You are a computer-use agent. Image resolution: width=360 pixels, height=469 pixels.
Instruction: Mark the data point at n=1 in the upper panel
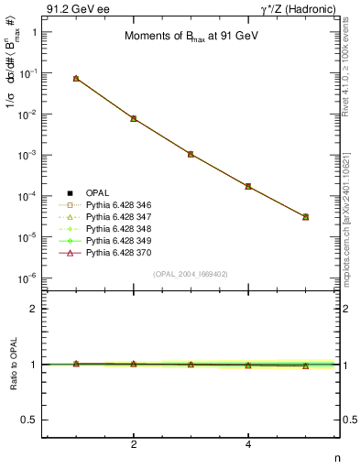click(76, 79)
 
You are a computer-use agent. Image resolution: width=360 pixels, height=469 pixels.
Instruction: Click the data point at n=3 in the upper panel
click(191, 154)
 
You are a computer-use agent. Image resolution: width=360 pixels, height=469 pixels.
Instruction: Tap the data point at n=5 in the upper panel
click(305, 217)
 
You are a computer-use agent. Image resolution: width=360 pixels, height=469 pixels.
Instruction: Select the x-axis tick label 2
click(134, 443)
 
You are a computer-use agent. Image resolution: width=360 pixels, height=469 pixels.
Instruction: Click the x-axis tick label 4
click(248, 443)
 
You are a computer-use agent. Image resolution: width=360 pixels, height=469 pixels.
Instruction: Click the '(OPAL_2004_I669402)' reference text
click(191, 274)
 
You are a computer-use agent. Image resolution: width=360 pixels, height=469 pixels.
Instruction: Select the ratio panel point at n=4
click(248, 365)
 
